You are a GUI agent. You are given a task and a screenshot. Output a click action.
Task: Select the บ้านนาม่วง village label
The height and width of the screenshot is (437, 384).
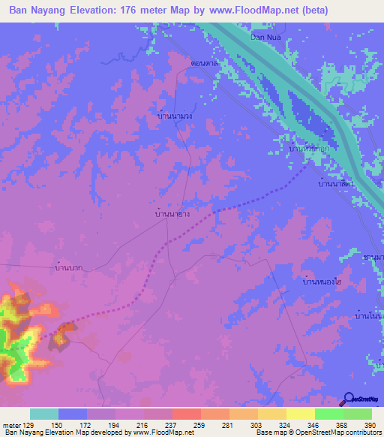(175, 116)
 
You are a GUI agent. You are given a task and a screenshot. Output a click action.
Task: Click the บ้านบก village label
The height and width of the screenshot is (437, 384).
(68, 267)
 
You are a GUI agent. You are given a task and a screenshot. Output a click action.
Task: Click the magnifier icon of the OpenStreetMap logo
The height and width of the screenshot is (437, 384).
(349, 399)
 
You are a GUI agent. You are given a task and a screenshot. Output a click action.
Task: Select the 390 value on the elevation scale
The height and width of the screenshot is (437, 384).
(370, 425)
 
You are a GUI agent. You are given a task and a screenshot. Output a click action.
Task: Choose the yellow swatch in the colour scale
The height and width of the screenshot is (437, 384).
(300, 414)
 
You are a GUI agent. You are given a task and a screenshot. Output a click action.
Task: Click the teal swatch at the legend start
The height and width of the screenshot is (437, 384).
(44, 414)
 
